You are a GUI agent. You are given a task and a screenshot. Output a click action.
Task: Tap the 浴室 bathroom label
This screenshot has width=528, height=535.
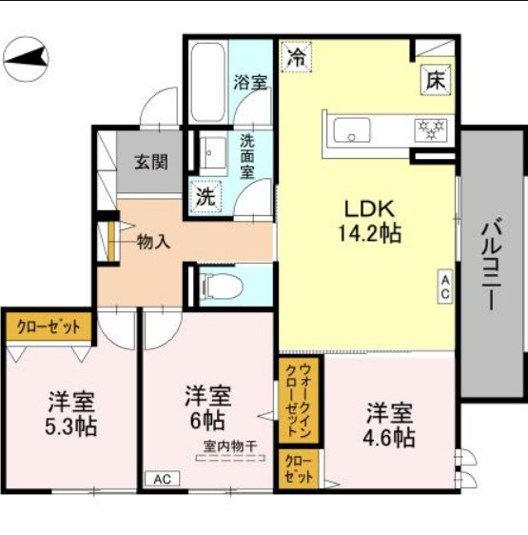[250, 82]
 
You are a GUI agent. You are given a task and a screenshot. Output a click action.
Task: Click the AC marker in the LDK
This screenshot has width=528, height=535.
[444, 287]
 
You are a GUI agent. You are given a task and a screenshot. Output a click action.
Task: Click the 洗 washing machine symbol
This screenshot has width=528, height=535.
[205, 197]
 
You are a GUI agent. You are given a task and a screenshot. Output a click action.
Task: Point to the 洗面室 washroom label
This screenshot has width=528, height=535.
[247, 156]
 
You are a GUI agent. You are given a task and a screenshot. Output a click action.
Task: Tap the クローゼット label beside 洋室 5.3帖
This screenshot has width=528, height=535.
[48, 327]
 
